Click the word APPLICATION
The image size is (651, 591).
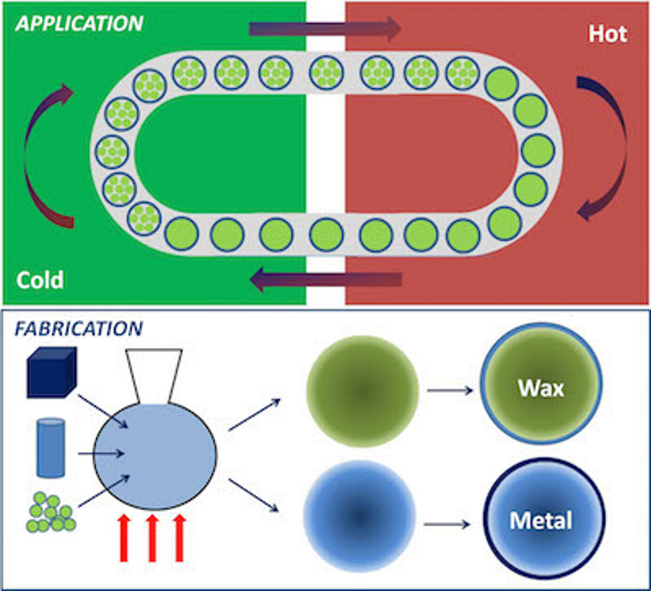(x=79, y=24)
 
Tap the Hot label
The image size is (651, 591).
(x=607, y=34)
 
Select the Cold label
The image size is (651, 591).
(x=40, y=280)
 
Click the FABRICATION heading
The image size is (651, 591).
(x=79, y=329)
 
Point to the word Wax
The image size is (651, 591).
(x=541, y=388)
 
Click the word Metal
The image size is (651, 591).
(x=541, y=521)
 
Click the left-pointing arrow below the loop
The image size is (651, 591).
(x=325, y=280)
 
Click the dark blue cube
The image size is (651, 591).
(x=51, y=372)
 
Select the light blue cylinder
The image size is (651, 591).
(x=51, y=448)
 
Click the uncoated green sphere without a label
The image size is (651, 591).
(x=363, y=392)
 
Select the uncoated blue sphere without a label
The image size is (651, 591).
(x=359, y=516)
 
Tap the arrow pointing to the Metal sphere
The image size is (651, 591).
(x=447, y=525)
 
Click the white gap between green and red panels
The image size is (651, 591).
(x=325, y=153)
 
